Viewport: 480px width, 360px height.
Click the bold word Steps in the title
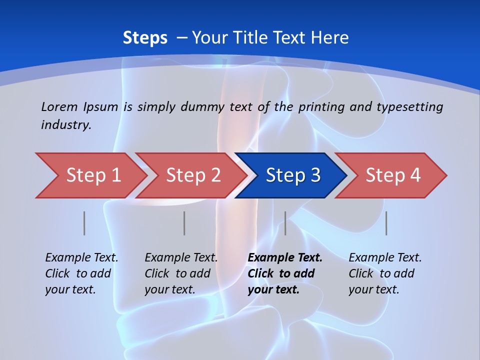pos(145,38)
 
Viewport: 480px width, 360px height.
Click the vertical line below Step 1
pos(84,223)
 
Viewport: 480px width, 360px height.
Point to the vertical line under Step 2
pos(184,223)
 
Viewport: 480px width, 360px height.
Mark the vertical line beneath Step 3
pos(285,223)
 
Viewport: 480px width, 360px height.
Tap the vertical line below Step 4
pos(386,223)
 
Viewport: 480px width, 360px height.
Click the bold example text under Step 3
pos(285,273)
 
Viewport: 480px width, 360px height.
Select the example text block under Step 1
pos(81,273)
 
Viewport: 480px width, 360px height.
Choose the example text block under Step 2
pos(181,273)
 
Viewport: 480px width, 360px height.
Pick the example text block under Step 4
pos(385,273)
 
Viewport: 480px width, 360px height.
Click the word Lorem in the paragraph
pos(59,106)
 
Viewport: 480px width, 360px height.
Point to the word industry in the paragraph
pos(66,124)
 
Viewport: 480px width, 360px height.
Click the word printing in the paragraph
pos(321,106)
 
